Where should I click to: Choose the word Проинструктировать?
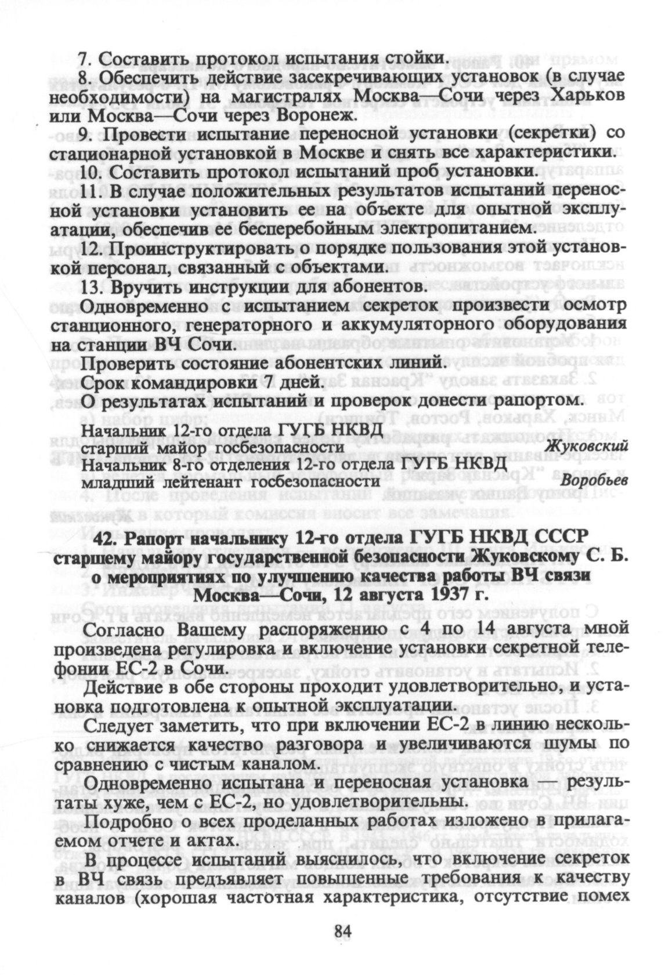pos(186,248)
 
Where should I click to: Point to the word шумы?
pos(579,744)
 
